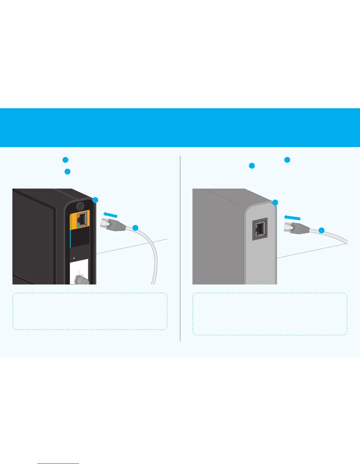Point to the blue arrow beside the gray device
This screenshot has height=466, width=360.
click(x=292, y=217)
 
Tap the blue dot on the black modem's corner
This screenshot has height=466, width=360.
click(x=95, y=200)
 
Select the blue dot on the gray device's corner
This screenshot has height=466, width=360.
click(x=275, y=202)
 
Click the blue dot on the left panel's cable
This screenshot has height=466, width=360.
click(x=135, y=228)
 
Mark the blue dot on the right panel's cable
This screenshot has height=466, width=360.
click(x=322, y=230)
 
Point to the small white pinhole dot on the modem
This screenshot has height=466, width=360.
click(x=74, y=258)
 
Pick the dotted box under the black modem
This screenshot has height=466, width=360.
click(x=90, y=311)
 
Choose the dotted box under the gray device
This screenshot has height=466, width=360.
click(x=270, y=314)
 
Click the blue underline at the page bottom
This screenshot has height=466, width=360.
click(x=58, y=463)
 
